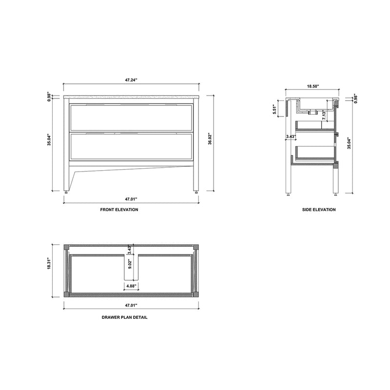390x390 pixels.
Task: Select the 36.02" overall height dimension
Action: (209, 139)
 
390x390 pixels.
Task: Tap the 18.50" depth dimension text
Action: (312, 86)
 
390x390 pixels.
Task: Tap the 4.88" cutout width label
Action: (131, 285)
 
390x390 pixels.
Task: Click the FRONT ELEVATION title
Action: (119, 210)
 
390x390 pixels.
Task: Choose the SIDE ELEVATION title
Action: (318, 210)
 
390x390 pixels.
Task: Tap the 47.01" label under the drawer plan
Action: (130, 305)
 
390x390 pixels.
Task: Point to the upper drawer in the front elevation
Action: (131, 117)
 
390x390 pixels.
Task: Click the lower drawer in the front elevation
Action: (131, 147)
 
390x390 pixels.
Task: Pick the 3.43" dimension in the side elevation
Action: (291, 136)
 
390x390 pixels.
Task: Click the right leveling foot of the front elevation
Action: (197, 192)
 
